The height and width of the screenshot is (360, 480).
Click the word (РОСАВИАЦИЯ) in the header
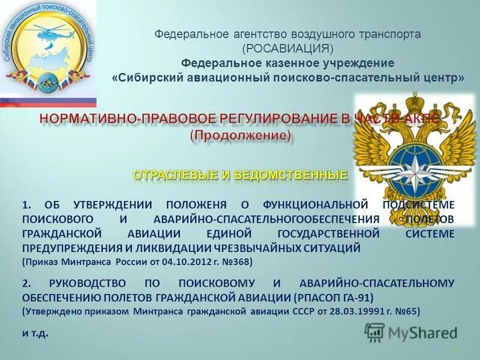(x=287, y=49)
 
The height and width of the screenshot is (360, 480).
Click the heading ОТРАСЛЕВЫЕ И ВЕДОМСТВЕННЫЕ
(x=240, y=175)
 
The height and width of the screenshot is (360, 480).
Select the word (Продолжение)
(x=241, y=136)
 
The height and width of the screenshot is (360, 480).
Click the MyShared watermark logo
(x=411, y=331)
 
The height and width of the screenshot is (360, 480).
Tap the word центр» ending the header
(x=446, y=78)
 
